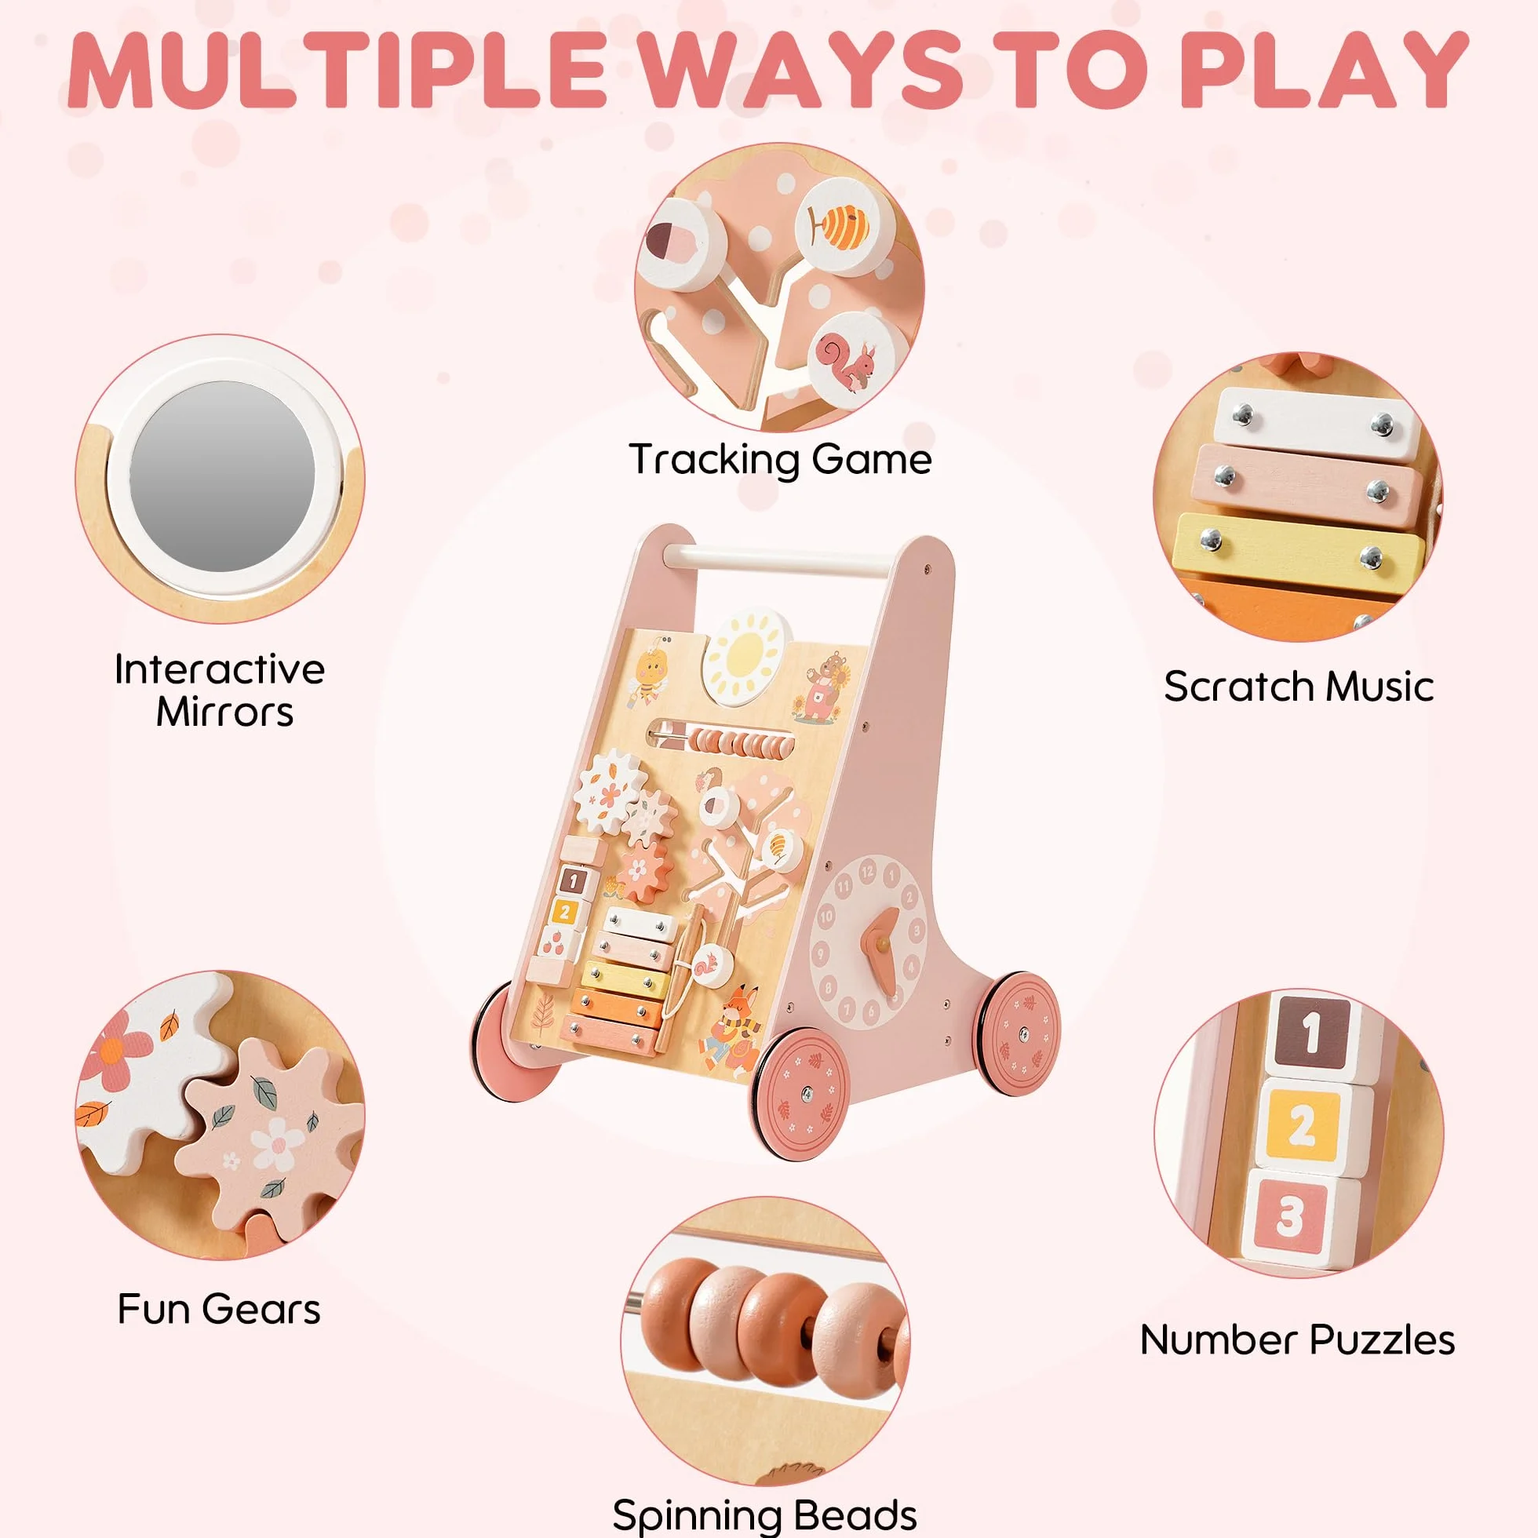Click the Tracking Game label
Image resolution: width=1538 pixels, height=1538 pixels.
tap(780, 460)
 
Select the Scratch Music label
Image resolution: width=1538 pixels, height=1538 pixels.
tap(1299, 686)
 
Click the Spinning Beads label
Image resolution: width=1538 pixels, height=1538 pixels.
tap(764, 1515)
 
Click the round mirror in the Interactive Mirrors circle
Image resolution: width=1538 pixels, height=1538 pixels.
tap(222, 476)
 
